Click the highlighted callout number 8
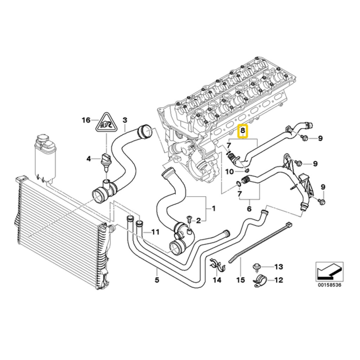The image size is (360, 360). tap(243, 131)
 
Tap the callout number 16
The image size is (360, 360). tap(86, 120)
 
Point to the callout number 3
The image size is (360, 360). tap(125, 120)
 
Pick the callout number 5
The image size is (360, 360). tap(157, 280)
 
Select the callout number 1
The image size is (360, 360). tap(213, 208)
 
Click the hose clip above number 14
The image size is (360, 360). tap(218, 265)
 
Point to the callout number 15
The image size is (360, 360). tap(241, 280)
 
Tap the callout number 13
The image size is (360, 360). tap(279, 267)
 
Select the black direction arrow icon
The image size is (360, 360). tap(329, 272)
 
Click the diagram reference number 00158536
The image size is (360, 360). tap(330, 285)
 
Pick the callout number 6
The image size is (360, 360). tap(249, 209)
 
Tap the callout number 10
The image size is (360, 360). tap(230, 172)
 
